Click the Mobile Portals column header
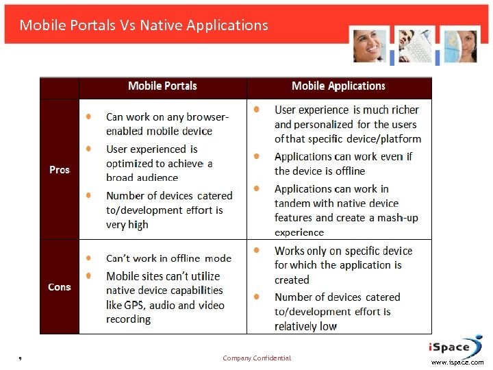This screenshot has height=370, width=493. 162,86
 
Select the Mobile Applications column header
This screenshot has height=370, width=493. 338,86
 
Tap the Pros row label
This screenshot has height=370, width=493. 60,169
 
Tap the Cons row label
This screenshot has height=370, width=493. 60,287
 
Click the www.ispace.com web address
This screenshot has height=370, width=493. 457,362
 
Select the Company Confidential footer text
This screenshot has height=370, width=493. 257,358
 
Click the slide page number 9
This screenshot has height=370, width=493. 21,358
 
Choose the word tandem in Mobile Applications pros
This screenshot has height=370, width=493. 293,203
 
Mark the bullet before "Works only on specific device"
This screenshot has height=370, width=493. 257,251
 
